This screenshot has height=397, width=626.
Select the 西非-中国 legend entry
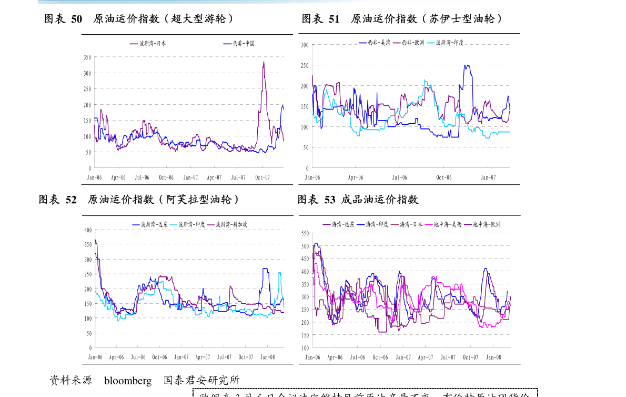coord(245,44)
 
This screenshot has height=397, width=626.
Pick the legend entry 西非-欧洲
coord(413,42)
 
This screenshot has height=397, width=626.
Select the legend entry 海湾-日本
coord(411,224)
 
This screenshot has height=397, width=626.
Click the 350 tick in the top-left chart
coord(87,57)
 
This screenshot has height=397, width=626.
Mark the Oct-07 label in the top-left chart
coord(262,177)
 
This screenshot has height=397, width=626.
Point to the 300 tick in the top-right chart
coord(305,45)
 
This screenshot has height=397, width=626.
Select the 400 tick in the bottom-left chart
coord(88,230)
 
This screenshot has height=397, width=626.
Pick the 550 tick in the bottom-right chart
coord(305,233)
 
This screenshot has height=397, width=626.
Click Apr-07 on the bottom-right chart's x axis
coord(425,357)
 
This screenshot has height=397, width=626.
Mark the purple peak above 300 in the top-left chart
coord(264,62)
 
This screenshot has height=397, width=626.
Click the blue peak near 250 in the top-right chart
coord(466,65)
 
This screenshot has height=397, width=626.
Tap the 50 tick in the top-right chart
coord(306,147)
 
